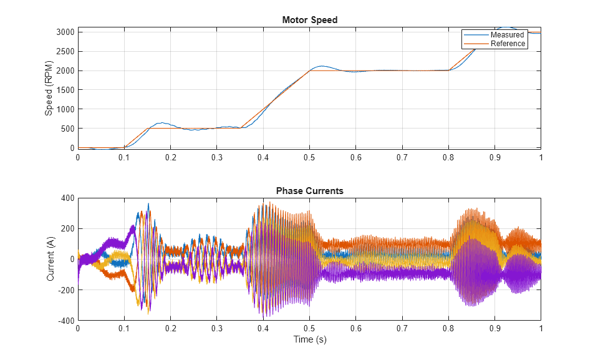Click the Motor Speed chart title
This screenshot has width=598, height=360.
pos(309,20)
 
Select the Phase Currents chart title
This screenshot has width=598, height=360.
pos(309,191)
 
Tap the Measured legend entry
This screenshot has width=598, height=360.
pos(507,35)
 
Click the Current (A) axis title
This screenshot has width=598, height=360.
pos(51,259)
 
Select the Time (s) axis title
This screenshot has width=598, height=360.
pos(309,340)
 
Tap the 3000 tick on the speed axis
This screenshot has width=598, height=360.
pos(65,32)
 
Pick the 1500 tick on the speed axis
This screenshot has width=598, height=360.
pos(65,90)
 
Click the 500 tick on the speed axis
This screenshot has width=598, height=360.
pos(67,129)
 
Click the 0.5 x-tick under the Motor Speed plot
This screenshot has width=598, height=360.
pos(309,157)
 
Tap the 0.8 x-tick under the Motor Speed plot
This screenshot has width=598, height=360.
pos(448,157)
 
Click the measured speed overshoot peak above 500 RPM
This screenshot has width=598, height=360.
pos(161,123)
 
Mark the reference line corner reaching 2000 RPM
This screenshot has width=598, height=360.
pos(309,71)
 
